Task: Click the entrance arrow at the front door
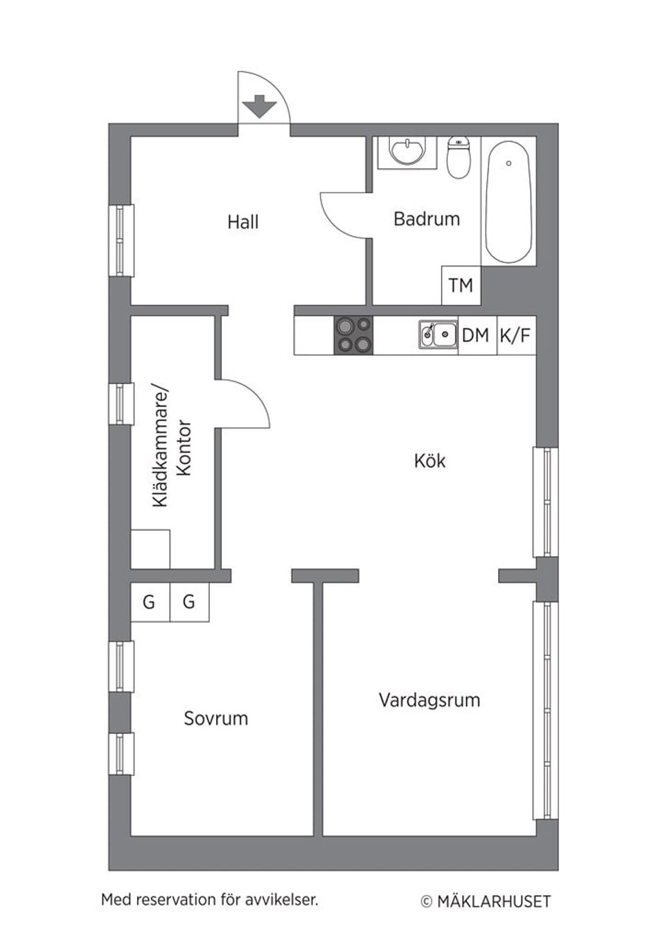259,107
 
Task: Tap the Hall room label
242,222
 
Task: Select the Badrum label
426,219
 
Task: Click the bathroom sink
407,152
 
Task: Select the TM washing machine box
461,285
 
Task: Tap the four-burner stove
353,336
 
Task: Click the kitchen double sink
438,335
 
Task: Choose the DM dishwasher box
476,336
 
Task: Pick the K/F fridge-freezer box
515,336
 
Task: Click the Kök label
429,461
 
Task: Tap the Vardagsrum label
429,700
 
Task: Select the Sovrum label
215,718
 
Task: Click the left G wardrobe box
149,602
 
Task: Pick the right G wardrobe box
188,602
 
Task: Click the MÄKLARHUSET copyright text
486,901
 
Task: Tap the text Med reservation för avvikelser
209,900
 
